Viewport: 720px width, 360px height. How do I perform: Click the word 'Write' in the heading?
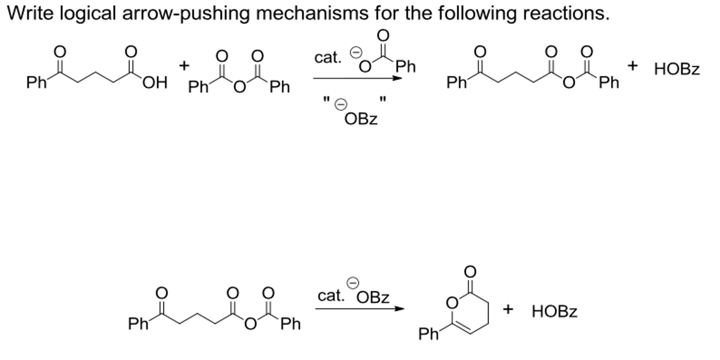pos(30,13)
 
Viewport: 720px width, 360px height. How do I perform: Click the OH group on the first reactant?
pos(155,83)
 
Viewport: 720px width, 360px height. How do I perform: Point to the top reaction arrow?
pos(357,78)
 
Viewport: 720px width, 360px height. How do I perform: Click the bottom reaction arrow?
pos(360,309)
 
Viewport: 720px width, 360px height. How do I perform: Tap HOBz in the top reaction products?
pos(677,69)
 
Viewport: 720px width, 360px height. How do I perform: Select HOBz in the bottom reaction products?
pos(555,312)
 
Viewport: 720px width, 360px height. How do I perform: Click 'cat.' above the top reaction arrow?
pos(328,58)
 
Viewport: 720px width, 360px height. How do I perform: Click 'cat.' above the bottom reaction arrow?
pos(331,296)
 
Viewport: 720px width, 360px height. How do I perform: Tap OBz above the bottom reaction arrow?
pos(373,298)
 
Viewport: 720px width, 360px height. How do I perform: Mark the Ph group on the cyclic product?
pos(428,334)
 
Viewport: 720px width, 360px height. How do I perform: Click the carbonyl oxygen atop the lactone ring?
pos(470,272)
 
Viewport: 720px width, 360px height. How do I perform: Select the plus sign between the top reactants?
pos(184,65)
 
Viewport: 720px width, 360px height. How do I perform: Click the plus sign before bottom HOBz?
pos(508,309)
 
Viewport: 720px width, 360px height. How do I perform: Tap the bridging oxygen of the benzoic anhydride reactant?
pos(240,87)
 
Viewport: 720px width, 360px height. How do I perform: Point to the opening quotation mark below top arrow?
pos(326,100)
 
